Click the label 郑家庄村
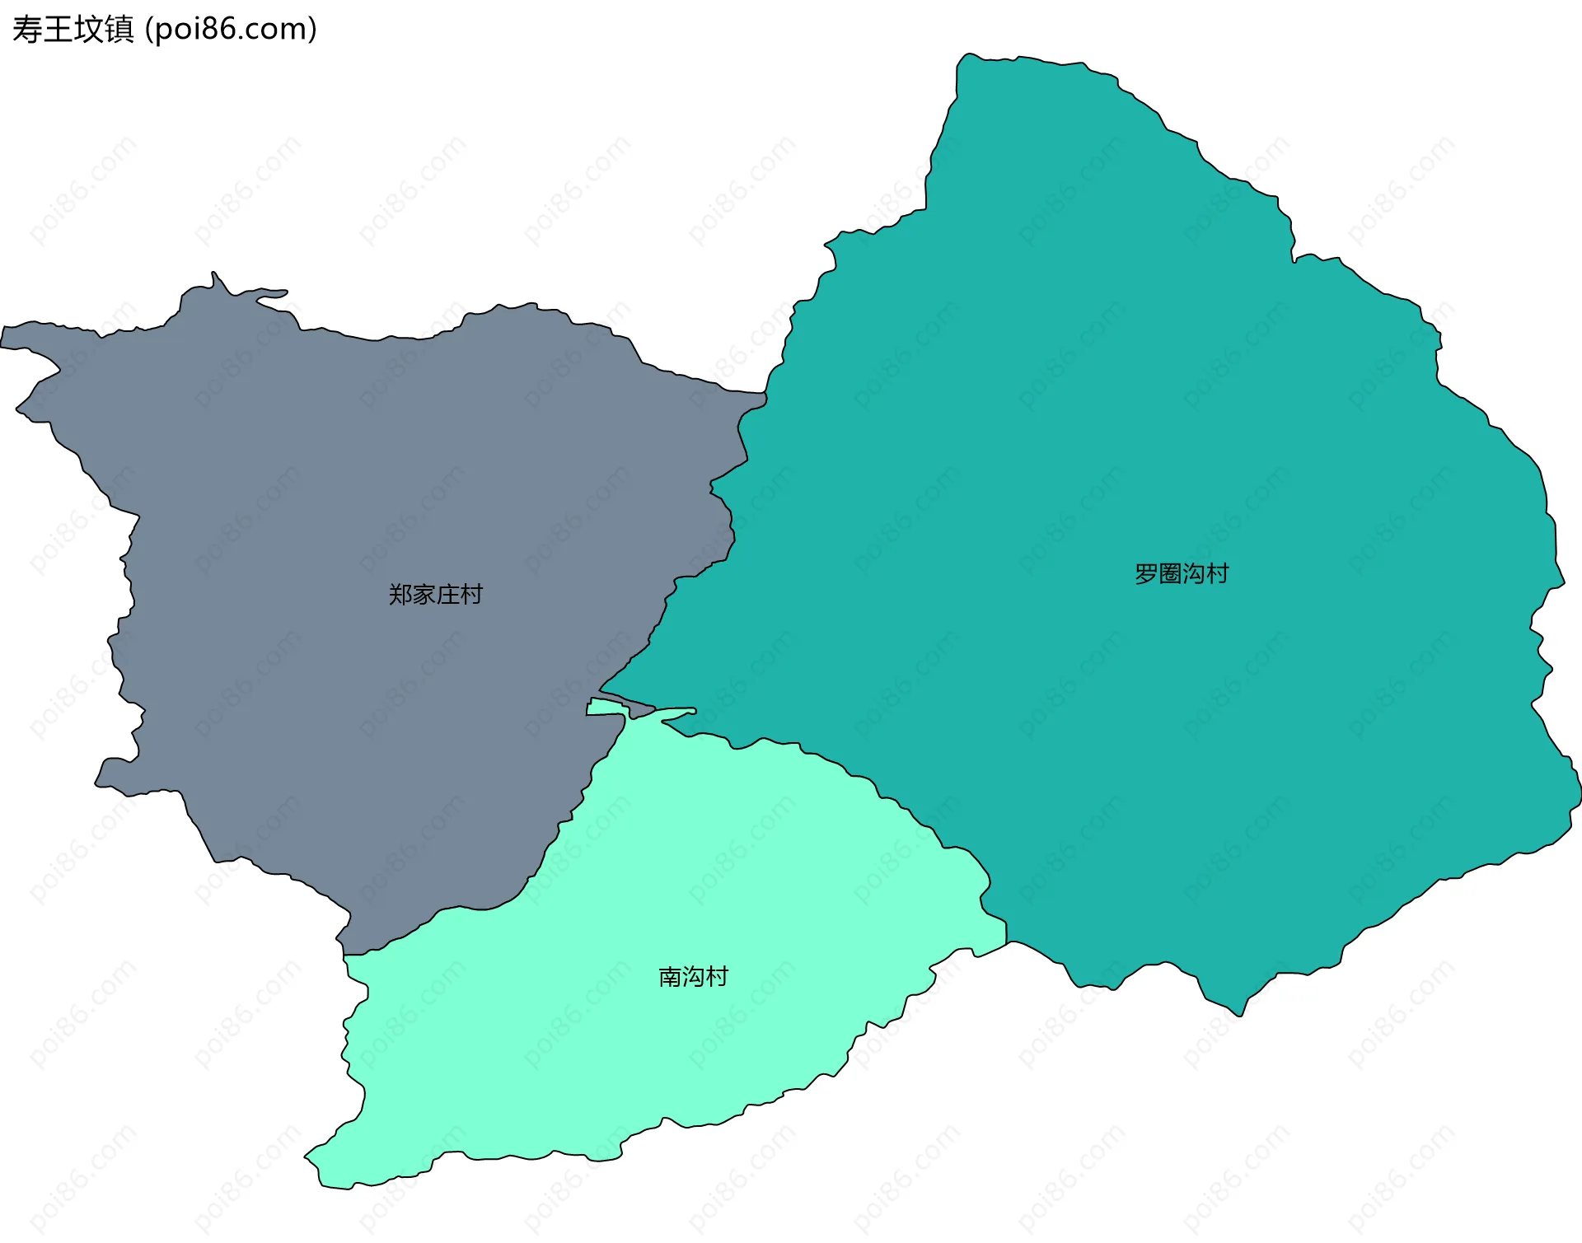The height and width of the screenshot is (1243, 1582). point(435,594)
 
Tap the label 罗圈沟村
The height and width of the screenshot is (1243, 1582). point(1182,573)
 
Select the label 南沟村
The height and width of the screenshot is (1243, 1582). point(693,976)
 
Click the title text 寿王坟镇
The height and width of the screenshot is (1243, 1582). point(73,30)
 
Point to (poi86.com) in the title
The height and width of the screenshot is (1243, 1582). point(231,30)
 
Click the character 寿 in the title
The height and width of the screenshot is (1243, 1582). point(26,30)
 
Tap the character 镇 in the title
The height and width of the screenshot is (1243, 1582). point(119,30)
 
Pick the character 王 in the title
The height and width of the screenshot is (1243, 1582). point(57,30)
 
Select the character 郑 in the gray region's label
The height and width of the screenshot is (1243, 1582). point(400,594)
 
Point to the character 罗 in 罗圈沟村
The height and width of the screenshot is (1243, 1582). point(1146,573)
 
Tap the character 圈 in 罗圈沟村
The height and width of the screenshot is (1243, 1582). point(1170,573)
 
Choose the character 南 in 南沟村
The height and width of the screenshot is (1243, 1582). point(670,976)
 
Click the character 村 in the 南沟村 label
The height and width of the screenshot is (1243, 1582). point(717,976)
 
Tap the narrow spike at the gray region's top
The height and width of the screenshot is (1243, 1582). point(214,275)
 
